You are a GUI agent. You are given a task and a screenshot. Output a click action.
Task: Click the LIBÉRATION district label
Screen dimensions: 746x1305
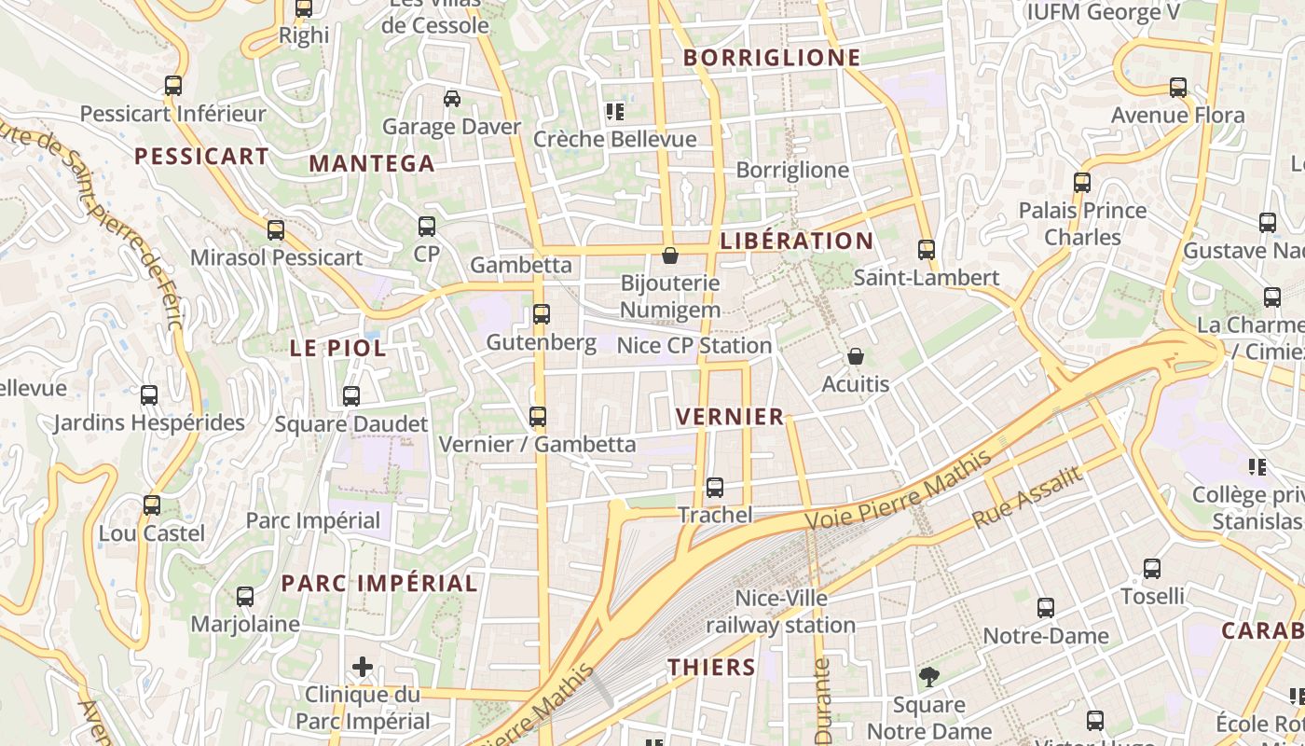[x=797, y=241]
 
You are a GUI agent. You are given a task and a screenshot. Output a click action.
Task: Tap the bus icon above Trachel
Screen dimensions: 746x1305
[x=715, y=488]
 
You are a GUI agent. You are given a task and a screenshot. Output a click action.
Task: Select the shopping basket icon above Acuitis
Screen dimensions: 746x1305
[x=856, y=356]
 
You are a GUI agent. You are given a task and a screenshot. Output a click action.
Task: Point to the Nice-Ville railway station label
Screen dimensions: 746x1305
[x=781, y=612]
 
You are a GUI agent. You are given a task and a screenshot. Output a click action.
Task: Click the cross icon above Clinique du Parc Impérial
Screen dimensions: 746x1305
[x=363, y=667]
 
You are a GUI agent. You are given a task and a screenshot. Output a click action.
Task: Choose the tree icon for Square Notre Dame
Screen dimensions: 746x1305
[x=928, y=677]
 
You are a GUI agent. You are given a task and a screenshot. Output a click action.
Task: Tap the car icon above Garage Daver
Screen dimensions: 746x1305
[x=452, y=99]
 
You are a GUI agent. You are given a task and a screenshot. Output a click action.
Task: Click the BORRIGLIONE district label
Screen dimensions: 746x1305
[x=772, y=58]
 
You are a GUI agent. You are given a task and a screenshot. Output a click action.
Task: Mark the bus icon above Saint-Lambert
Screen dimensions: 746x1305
[x=926, y=250]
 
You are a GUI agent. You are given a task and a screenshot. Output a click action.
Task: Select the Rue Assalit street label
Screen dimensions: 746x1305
[x=1028, y=497]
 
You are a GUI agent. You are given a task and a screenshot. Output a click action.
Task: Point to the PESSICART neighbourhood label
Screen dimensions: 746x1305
[x=201, y=156]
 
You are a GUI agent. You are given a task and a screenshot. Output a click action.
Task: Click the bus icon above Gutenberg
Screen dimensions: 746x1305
[x=542, y=314]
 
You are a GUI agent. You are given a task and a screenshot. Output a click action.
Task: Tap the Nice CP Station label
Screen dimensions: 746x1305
[x=694, y=345]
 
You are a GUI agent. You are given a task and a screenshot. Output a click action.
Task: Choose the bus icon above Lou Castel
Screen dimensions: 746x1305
[x=152, y=505]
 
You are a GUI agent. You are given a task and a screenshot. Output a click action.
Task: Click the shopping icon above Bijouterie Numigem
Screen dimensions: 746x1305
[x=669, y=255]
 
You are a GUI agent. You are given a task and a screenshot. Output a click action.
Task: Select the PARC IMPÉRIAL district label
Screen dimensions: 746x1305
[x=379, y=584]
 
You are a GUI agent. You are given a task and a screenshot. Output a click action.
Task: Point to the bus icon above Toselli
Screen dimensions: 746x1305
[x=1152, y=569]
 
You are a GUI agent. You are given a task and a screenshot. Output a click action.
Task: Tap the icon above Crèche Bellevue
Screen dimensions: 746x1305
[x=614, y=112]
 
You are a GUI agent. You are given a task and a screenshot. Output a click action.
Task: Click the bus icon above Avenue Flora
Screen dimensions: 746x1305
[x=1178, y=88]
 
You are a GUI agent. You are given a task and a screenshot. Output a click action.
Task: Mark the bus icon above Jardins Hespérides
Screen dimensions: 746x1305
[x=149, y=395]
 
